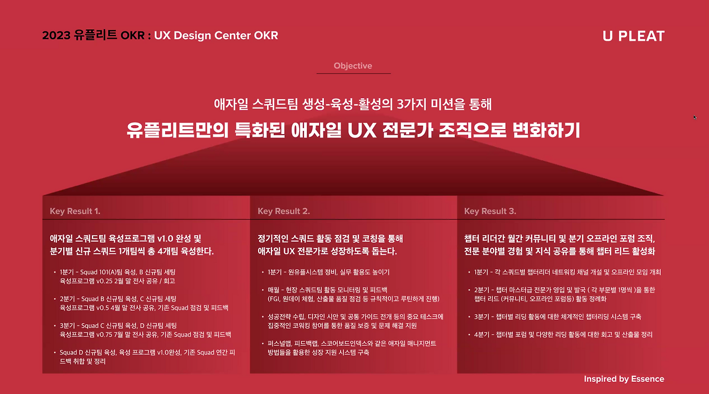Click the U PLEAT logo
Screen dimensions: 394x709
pos(633,36)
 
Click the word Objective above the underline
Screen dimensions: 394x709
pos(353,66)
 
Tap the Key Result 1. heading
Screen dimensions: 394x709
pos(75,211)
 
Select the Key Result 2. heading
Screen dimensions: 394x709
pos(284,211)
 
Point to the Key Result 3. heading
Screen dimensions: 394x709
pos(490,211)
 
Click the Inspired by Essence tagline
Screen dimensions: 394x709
pos(624,379)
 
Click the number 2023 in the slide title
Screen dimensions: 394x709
pos(56,36)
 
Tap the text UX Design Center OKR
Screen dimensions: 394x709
pos(216,36)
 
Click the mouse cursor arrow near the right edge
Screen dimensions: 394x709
pos(695,117)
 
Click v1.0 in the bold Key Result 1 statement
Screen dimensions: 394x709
pos(166,239)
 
